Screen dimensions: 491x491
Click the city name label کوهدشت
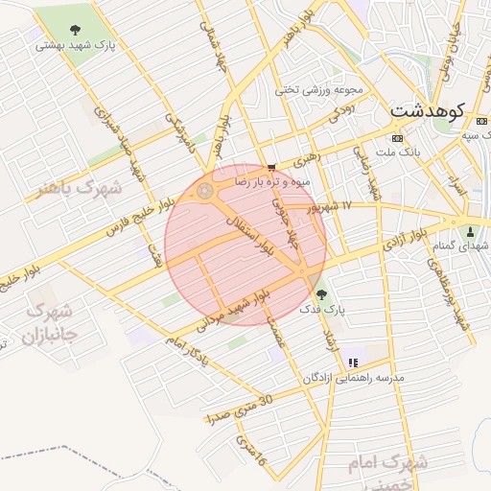coord(428,112)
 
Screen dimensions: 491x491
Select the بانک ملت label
coord(398,152)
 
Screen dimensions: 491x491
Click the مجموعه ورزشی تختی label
coord(320,90)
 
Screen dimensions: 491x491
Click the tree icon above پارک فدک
coord(319,292)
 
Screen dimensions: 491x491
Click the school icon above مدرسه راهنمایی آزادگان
coord(353,362)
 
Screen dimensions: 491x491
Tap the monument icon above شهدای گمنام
coord(469,231)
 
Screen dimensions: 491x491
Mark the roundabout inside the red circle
coord(204,193)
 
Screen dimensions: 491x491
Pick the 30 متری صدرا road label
coord(240,409)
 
